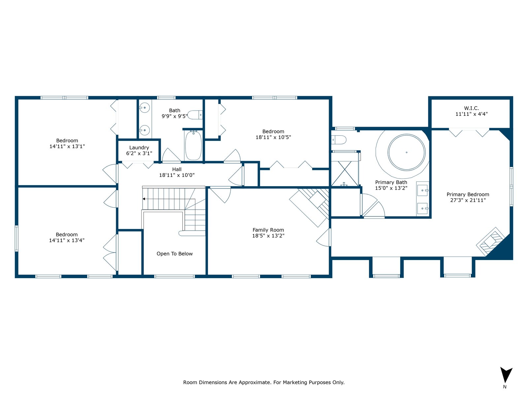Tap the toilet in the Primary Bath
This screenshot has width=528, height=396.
click(339, 140)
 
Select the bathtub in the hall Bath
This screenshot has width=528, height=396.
click(193, 145)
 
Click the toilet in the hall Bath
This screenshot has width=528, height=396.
click(195, 115)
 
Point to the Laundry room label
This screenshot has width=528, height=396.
click(139, 148)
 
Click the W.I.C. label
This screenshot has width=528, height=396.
click(472, 108)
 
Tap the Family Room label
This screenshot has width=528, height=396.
click(268, 230)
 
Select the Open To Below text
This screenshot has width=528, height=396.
click(175, 254)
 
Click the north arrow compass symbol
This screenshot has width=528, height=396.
click(506, 375)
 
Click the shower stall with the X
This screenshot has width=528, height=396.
click(345, 174)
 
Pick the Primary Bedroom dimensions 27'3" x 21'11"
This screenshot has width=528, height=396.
click(468, 200)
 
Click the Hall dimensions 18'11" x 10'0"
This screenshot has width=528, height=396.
click(177, 175)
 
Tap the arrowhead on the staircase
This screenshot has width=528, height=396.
click(144, 199)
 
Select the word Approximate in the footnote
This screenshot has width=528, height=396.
click(255, 382)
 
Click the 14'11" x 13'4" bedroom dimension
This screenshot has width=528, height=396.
click(67, 240)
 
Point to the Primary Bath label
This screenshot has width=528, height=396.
click(391, 182)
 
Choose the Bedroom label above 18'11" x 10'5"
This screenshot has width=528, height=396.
click(273, 132)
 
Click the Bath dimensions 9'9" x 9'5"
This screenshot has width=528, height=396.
click(174, 116)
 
